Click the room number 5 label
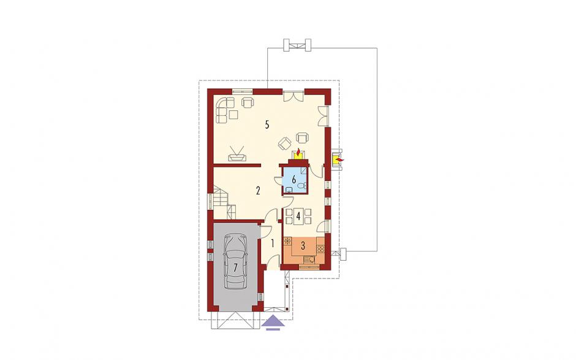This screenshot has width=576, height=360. click(x=267, y=124)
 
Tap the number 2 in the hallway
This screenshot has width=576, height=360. click(x=258, y=191)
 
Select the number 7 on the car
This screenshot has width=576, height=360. click(x=235, y=267)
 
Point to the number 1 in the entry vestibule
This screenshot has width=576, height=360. click(x=273, y=243)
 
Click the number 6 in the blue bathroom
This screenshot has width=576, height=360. click(x=294, y=180)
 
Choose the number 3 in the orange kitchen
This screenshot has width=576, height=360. click(x=303, y=246)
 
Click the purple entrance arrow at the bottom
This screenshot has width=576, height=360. click(x=273, y=323)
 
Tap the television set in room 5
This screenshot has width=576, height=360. click(x=237, y=154)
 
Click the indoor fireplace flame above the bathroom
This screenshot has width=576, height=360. click(x=298, y=153)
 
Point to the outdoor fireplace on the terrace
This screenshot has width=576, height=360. click(x=338, y=160)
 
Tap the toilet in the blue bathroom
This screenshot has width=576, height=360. click(x=302, y=186)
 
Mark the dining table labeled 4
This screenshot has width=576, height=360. click(x=298, y=216)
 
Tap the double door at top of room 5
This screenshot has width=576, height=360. click(x=294, y=96)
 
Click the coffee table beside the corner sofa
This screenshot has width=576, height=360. click(x=233, y=114)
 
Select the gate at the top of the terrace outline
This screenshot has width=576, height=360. click(x=297, y=45)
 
